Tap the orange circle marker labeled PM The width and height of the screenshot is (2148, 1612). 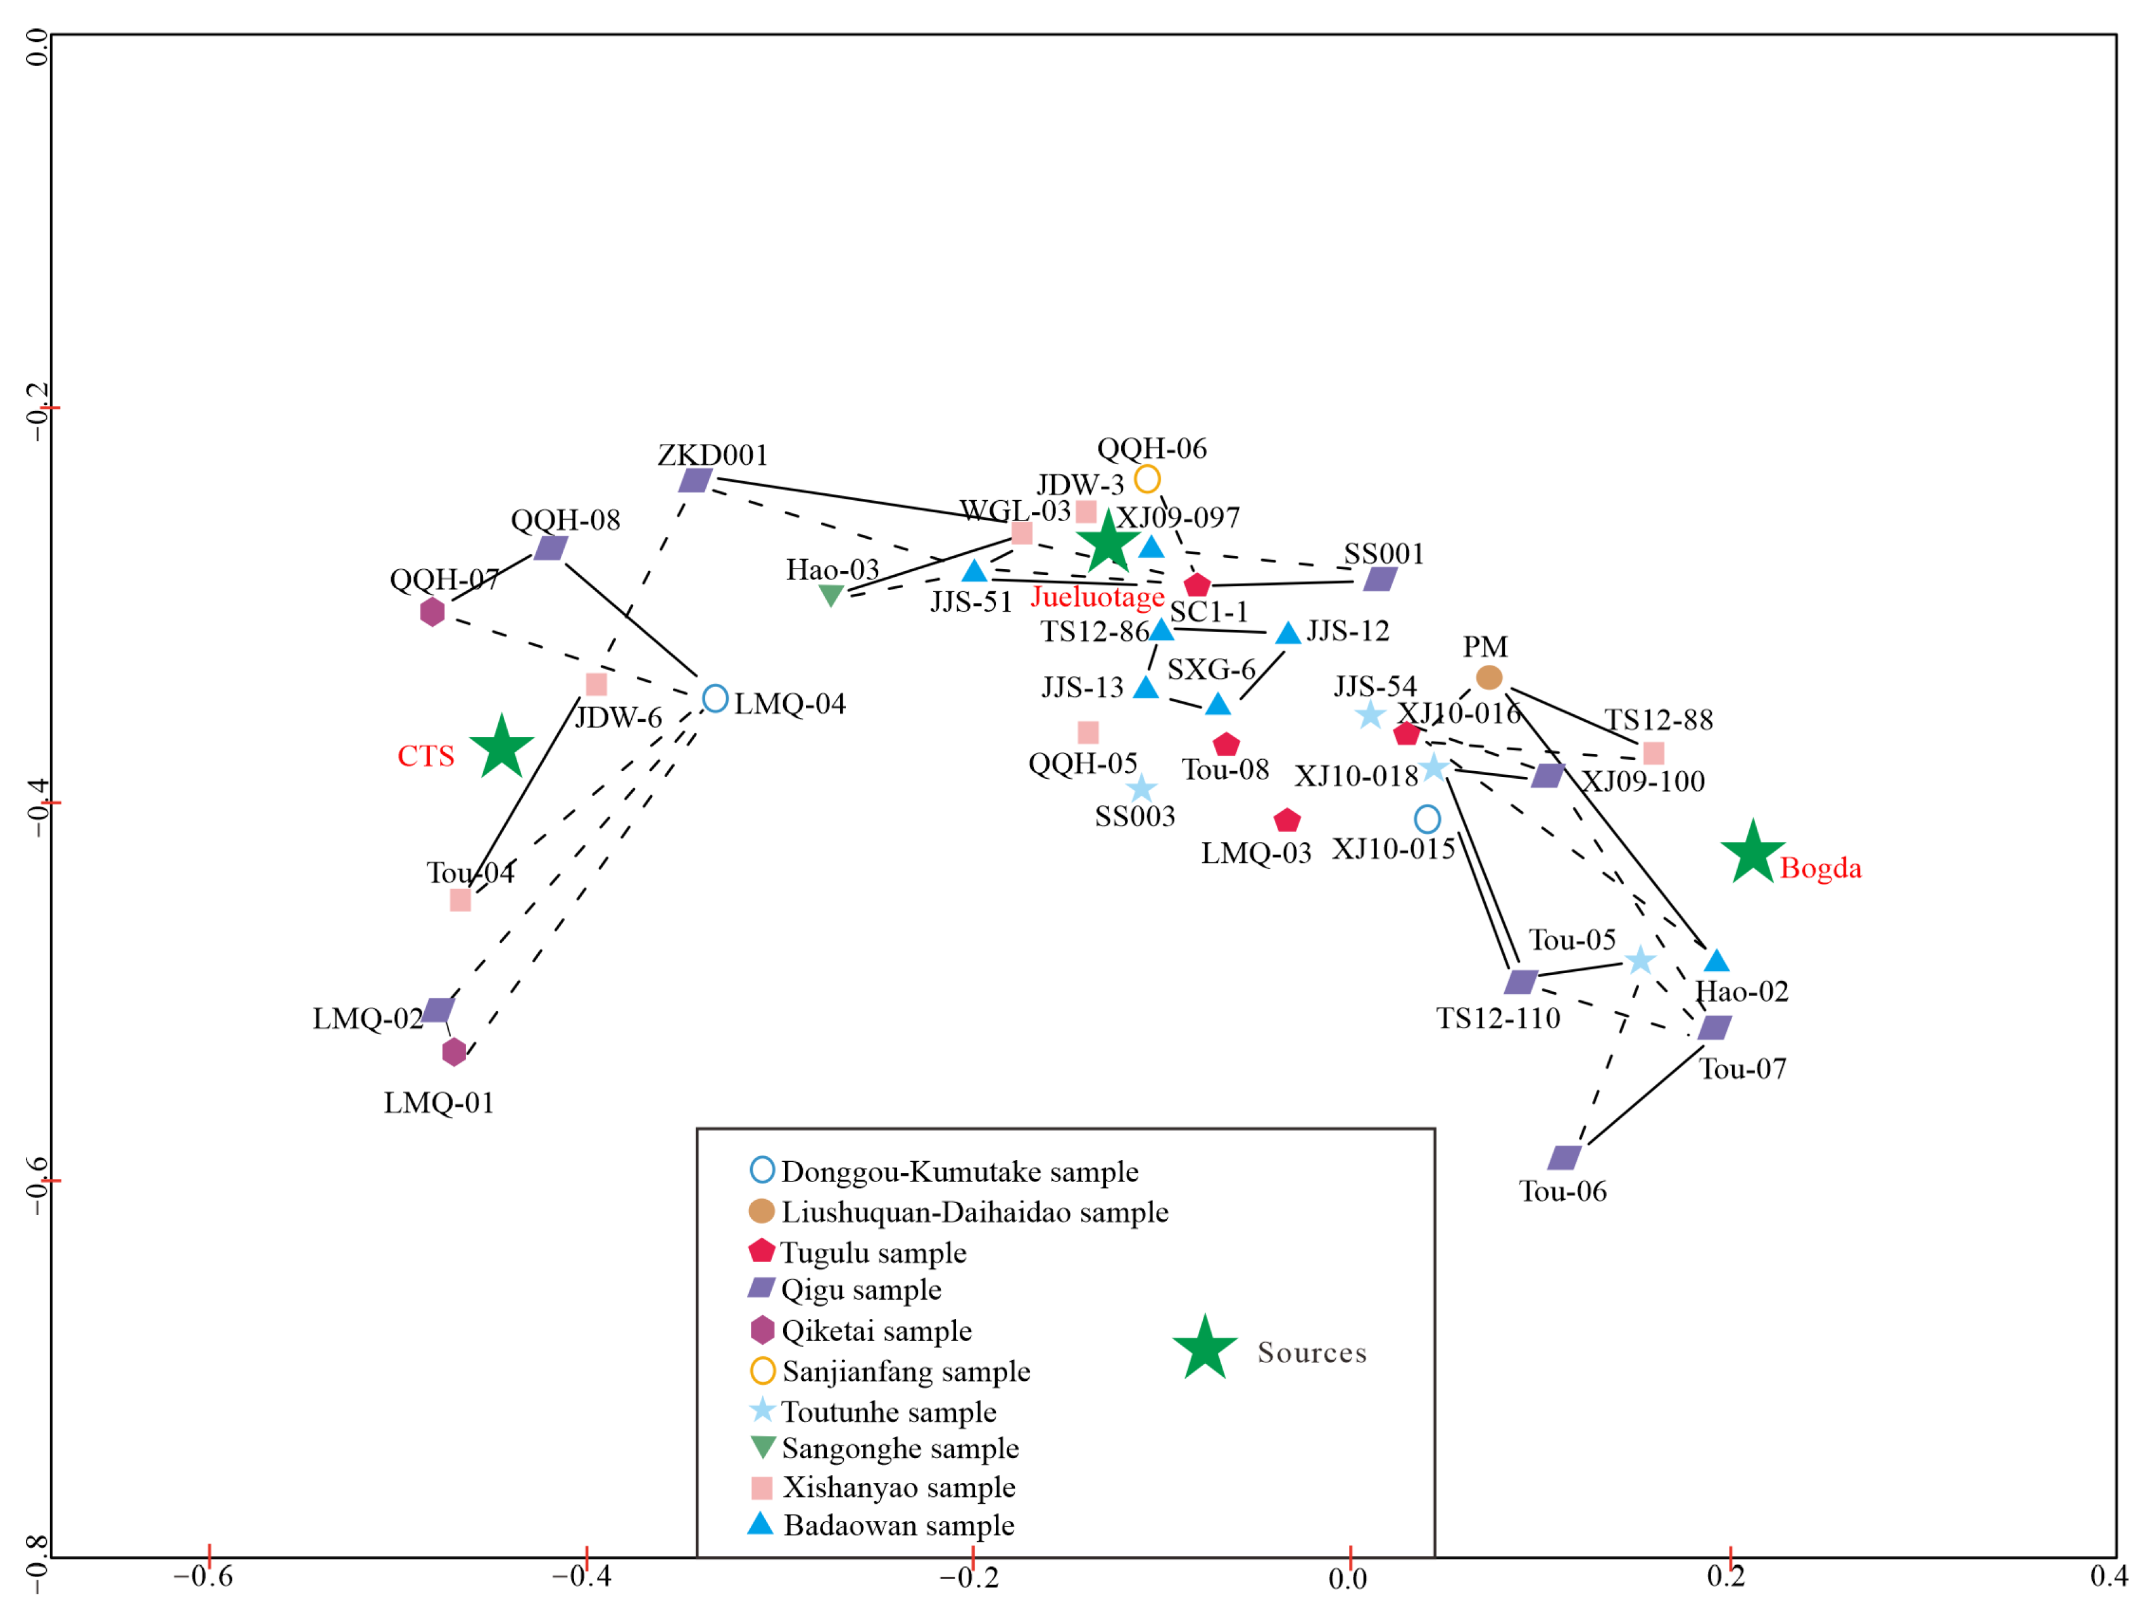tap(1488, 677)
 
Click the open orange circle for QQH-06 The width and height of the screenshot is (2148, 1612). tap(1147, 479)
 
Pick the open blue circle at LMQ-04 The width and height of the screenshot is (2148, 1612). tap(715, 698)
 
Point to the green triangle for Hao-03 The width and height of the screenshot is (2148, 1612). tap(830, 595)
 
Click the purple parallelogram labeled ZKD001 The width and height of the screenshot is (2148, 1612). tap(695, 480)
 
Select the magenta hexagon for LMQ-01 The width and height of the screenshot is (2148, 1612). tap(453, 1052)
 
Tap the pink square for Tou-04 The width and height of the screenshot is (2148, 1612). tap(460, 900)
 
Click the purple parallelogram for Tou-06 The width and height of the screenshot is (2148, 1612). tap(1564, 1157)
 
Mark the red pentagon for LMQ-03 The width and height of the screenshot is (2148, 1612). tap(1286, 821)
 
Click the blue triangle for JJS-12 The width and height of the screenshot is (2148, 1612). tap(1288, 633)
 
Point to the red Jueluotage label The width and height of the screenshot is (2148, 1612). tap(1097, 596)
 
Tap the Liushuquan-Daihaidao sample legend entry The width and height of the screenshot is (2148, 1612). tap(974, 1212)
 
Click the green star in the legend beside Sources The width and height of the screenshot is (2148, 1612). tap(1204, 1349)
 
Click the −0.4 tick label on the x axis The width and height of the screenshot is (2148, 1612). tap(582, 1576)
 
